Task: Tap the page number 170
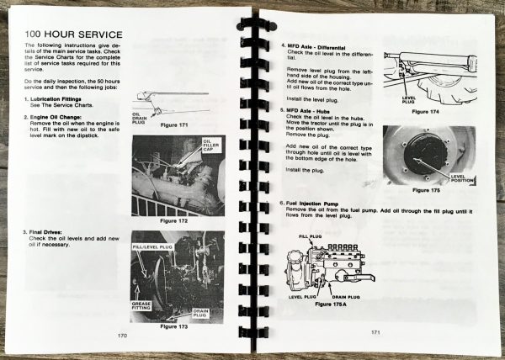point(125,336)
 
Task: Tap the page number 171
point(378,333)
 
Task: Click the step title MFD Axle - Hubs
point(316,109)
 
